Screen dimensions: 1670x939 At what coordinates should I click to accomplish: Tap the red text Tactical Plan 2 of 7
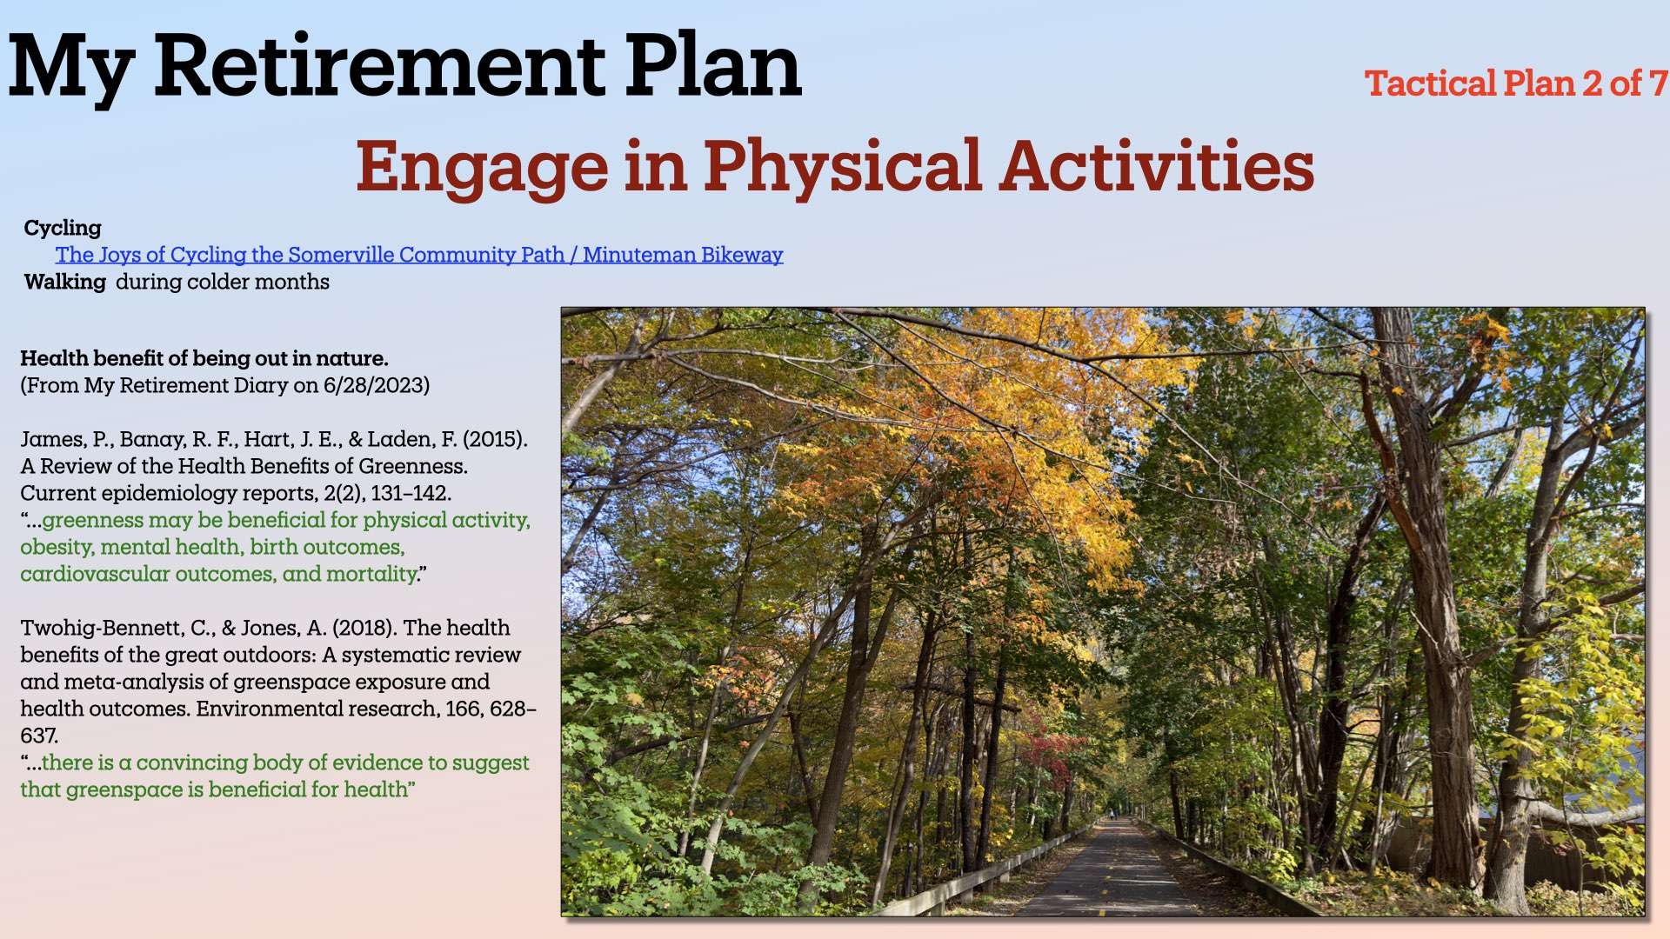coord(1516,83)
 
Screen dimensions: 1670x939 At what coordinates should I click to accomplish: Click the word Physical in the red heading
coord(843,167)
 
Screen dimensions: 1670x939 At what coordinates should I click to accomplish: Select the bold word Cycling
coord(63,229)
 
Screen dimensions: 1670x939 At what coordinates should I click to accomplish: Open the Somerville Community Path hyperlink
coord(419,255)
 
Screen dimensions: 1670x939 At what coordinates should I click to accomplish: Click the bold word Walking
coord(65,282)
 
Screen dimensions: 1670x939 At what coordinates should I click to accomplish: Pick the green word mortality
coord(371,574)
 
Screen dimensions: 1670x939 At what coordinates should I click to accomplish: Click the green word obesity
coord(57,547)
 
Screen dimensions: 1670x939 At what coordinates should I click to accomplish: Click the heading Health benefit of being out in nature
coord(204,358)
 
